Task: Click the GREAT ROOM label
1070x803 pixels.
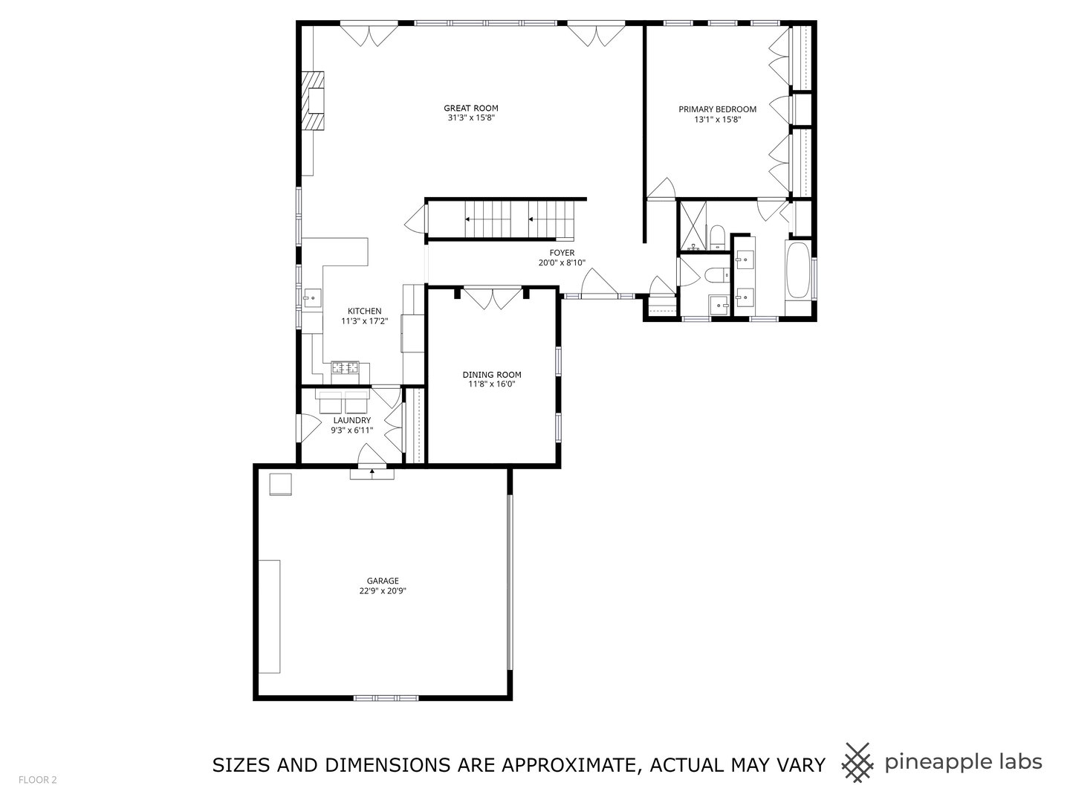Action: click(471, 108)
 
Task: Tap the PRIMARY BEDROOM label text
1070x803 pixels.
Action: click(717, 109)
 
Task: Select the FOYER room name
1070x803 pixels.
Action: click(562, 253)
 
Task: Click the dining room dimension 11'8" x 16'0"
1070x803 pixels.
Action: click(491, 384)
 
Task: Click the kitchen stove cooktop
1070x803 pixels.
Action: click(345, 367)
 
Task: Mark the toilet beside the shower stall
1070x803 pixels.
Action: click(717, 237)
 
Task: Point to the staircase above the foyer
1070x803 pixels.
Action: click(501, 219)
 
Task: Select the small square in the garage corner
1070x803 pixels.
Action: click(280, 483)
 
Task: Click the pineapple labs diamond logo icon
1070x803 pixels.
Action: click(857, 763)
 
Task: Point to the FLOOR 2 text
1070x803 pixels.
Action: click(38, 780)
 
